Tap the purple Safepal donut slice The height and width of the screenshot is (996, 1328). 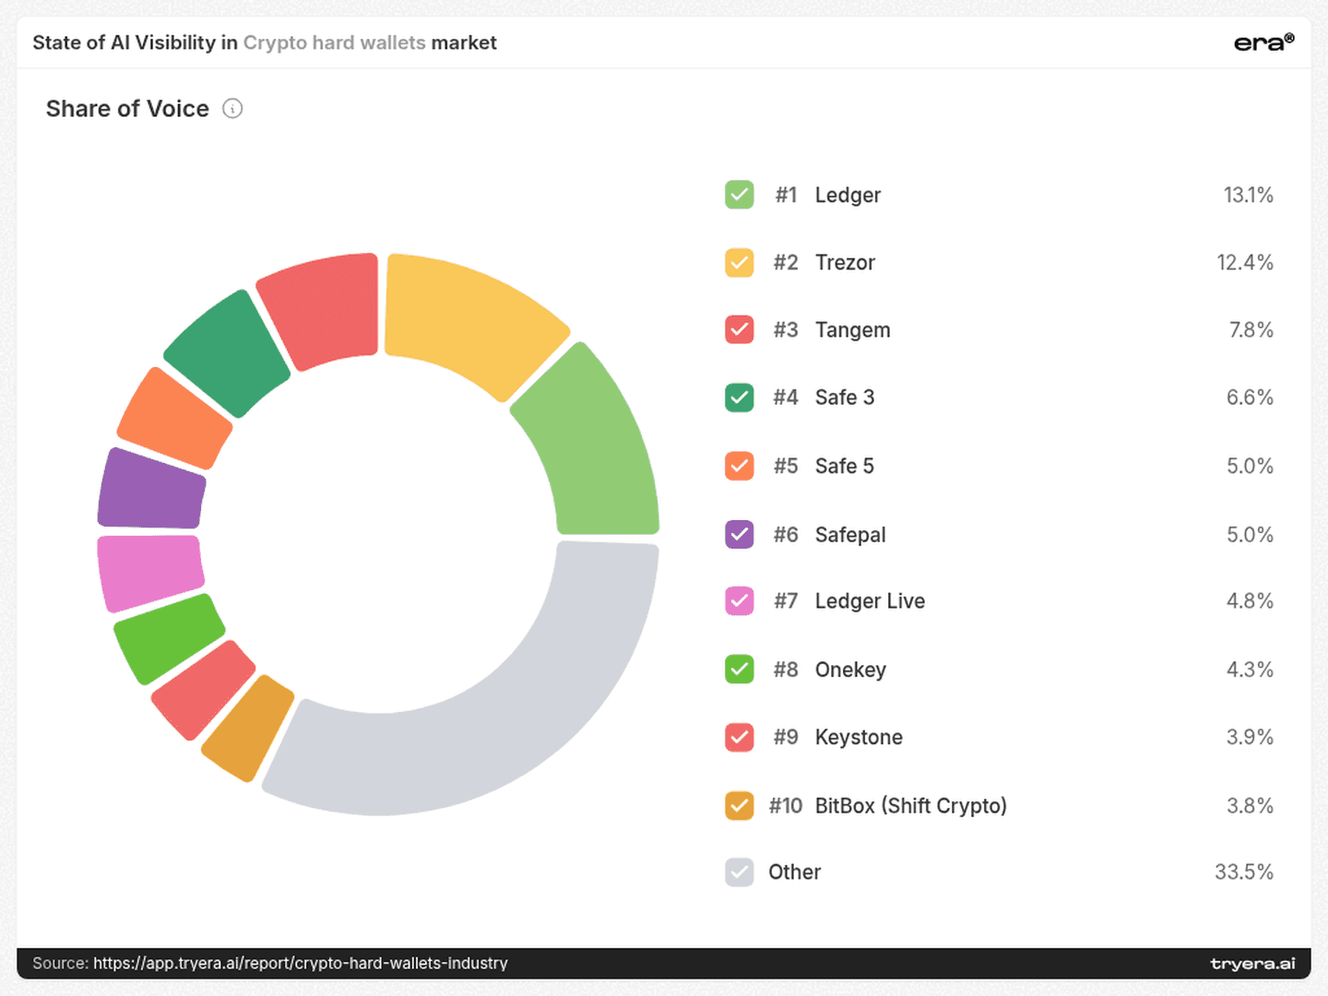click(152, 490)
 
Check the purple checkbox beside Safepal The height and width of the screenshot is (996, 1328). click(740, 535)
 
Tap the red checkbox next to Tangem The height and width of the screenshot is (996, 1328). click(740, 329)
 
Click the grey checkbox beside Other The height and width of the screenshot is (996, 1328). click(740, 872)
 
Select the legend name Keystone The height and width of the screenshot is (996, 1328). click(859, 737)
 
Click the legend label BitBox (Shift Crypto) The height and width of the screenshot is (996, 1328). click(910, 805)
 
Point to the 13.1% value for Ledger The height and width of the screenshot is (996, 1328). click(1248, 195)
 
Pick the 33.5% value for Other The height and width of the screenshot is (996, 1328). click(1244, 872)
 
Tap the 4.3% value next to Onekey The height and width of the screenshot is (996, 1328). click(1250, 670)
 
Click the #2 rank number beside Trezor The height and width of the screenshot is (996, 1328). click(786, 263)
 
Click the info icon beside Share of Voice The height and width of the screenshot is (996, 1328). click(232, 109)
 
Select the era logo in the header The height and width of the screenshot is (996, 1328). click(1263, 42)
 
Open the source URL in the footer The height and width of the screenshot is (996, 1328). click(300, 963)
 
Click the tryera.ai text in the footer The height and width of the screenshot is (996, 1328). click(1252, 963)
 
